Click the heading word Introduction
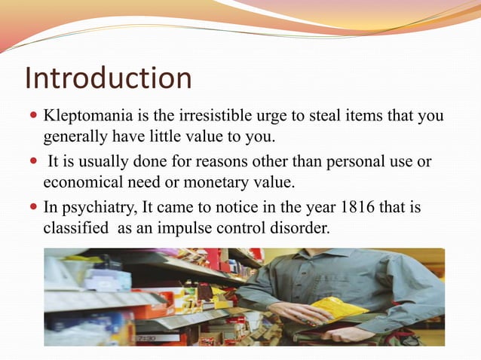pos(109,78)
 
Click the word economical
pos(82,181)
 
